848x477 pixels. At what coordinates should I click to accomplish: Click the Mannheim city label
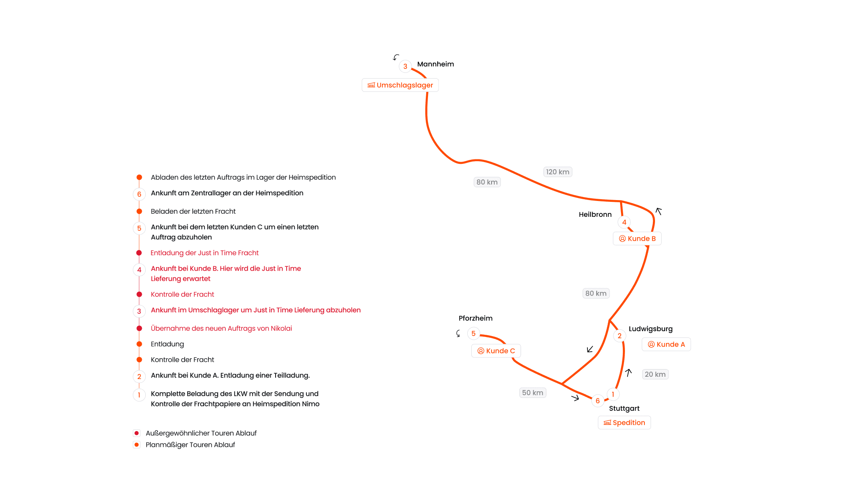click(x=435, y=64)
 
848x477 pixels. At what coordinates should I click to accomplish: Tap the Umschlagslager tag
click(x=400, y=85)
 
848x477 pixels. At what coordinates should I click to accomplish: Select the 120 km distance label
click(x=557, y=172)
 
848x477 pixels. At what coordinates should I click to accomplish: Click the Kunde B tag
click(x=637, y=238)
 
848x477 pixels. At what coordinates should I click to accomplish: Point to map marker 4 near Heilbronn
click(x=624, y=222)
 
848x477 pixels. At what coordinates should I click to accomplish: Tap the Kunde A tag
click(x=666, y=344)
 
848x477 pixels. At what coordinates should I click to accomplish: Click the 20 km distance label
click(x=655, y=375)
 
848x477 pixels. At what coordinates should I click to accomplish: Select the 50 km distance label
click(x=533, y=393)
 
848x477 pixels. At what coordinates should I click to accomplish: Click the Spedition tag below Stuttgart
click(x=624, y=423)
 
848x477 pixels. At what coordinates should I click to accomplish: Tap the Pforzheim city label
click(x=475, y=318)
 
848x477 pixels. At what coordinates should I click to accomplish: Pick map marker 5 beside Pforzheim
click(x=473, y=333)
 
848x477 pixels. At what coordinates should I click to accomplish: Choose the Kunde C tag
click(x=496, y=351)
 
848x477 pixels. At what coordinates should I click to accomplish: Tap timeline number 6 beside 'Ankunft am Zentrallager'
click(x=139, y=194)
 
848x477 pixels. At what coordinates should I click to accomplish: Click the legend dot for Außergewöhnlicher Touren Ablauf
click(x=137, y=433)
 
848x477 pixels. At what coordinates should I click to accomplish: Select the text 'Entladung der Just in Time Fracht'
click(x=204, y=253)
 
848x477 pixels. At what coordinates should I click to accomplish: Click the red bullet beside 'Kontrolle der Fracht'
click(x=139, y=294)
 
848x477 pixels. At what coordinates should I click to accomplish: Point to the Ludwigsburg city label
click(x=651, y=329)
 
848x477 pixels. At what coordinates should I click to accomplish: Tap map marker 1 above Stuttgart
click(x=613, y=394)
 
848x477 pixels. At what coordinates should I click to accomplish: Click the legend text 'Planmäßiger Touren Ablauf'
click(x=190, y=445)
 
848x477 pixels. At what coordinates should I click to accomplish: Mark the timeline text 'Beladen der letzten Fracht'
click(x=193, y=211)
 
